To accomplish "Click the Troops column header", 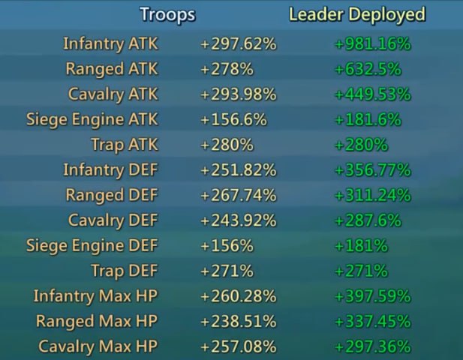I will pyautogui.click(x=167, y=15).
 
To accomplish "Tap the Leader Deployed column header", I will pyautogui.click(x=357, y=15).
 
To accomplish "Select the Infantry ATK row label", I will pyautogui.click(x=111, y=44).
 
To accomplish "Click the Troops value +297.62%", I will pyautogui.click(x=239, y=44).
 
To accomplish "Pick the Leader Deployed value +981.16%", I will pyautogui.click(x=372, y=44).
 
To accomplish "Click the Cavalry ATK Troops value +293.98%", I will pyautogui.click(x=239, y=94).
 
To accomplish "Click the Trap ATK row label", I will pyautogui.click(x=125, y=145).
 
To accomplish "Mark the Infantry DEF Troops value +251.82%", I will pyautogui.click(x=239, y=170).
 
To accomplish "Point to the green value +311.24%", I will pyautogui.click(x=372, y=196).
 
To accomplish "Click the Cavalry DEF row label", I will pyautogui.click(x=113, y=220).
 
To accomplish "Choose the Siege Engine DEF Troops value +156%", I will pyautogui.click(x=227, y=246).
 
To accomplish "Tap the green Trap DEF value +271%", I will pyautogui.click(x=360, y=271).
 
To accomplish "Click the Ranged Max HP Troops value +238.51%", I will pyautogui.click(x=239, y=322).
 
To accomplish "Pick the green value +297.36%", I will pyautogui.click(x=372, y=346).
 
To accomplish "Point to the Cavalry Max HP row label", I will pyautogui.click(x=98, y=346).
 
